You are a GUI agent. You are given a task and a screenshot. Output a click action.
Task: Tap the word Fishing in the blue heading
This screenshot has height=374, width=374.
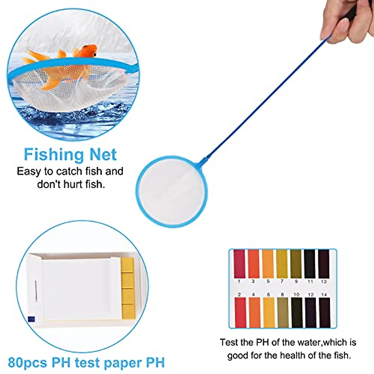(x=53, y=155)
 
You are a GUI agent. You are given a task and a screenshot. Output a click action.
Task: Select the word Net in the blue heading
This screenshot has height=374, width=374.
(x=103, y=155)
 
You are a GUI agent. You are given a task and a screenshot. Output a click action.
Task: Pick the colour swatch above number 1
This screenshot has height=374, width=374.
(x=239, y=264)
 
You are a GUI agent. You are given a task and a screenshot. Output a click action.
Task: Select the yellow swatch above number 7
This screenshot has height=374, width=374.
(x=282, y=264)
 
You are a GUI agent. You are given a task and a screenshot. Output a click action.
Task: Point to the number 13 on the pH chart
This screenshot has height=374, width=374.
(x=324, y=281)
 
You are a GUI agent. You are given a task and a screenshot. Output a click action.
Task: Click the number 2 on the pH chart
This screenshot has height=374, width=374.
(x=239, y=295)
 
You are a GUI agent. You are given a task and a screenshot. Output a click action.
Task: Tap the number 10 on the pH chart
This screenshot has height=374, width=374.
(x=296, y=295)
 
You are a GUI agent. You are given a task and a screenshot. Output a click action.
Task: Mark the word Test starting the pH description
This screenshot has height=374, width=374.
(x=230, y=343)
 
